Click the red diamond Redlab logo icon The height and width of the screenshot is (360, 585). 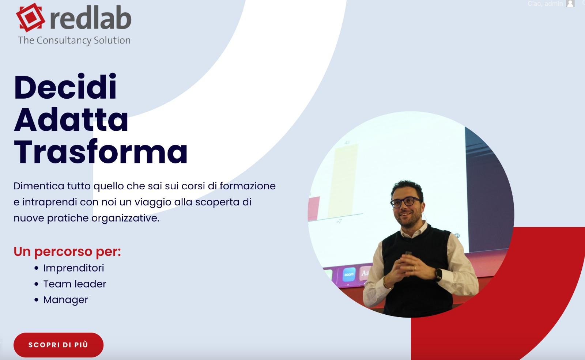coord(30,17)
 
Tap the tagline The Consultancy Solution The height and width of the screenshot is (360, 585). coord(74,40)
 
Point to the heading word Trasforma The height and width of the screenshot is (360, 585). coord(101,151)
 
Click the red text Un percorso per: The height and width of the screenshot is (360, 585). coord(67,251)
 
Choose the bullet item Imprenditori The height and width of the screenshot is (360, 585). coord(73,268)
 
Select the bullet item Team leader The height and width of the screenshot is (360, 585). coord(75,284)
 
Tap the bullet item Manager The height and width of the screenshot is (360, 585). coord(66,300)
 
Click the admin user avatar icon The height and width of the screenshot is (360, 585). coord(570,4)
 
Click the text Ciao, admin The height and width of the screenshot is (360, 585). coord(545,4)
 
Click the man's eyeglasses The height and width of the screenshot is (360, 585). coord(406,202)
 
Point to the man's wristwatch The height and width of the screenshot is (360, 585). coord(438,274)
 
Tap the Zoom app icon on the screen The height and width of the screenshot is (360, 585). coord(349,274)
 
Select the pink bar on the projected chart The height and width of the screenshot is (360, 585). coord(314,208)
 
